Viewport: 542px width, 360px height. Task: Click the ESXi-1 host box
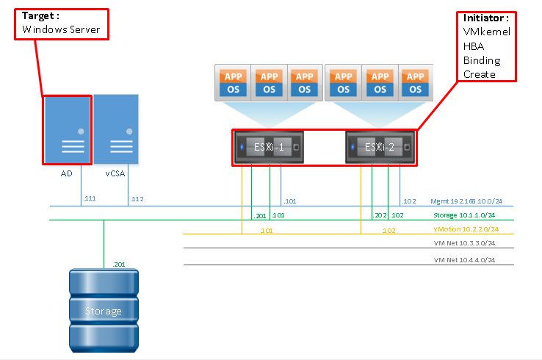click(x=268, y=147)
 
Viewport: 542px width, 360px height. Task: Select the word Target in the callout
click(x=38, y=15)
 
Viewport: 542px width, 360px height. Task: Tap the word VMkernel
click(x=486, y=32)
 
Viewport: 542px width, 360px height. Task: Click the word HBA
click(x=474, y=46)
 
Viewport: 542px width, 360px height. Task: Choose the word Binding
click(x=482, y=60)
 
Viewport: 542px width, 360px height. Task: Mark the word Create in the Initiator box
click(x=480, y=74)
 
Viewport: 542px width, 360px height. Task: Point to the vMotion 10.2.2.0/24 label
click(x=471, y=229)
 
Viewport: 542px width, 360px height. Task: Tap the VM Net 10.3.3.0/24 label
click(x=464, y=243)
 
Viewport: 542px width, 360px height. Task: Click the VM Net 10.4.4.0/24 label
click(x=464, y=260)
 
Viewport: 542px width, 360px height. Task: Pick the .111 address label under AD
click(x=90, y=198)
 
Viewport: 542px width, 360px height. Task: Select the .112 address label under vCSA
click(x=137, y=198)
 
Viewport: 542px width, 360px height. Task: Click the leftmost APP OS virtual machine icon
click(x=232, y=82)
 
